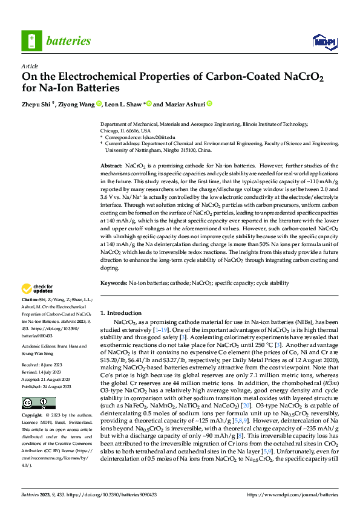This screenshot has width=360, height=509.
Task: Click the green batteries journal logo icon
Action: pos(31,41)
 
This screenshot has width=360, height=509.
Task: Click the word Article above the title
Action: pos(30,66)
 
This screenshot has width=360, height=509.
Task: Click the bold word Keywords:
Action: pos(114,282)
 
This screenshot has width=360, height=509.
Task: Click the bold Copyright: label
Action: pos(32,417)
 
